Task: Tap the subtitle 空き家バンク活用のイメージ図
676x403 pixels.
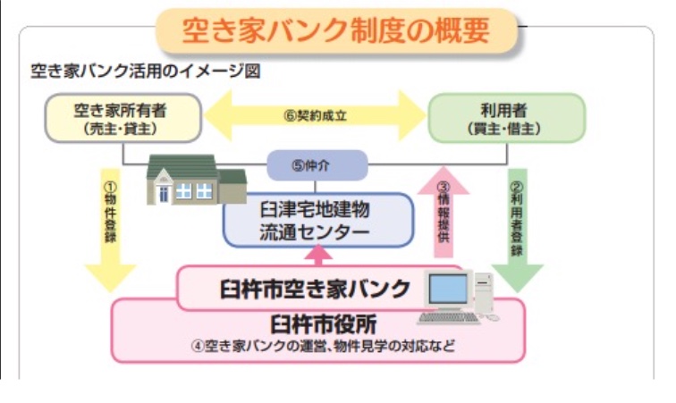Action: [145, 71]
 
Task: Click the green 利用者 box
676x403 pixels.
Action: [506, 119]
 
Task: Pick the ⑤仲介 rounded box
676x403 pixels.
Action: [317, 165]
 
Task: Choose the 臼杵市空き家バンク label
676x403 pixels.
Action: [315, 288]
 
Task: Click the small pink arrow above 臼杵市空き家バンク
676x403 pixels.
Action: [318, 256]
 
